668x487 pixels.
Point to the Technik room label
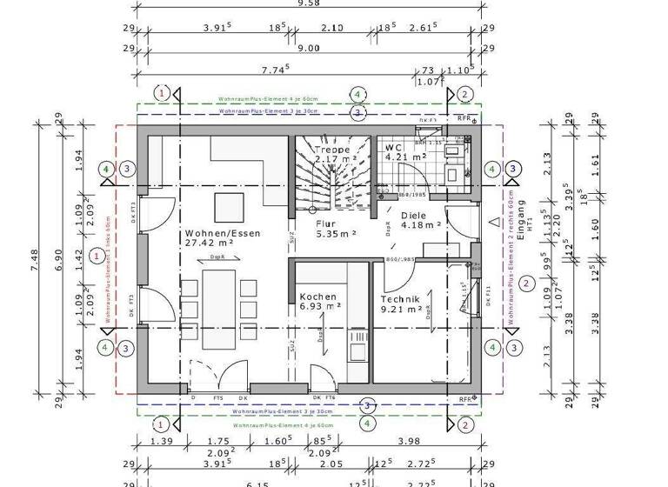click(x=401, y=298)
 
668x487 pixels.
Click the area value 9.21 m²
click(x=402, y=309)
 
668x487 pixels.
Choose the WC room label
click(x=394, y=148)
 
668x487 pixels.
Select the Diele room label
click(x=416, y=214)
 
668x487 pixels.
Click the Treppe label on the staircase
click(x=332, y=149)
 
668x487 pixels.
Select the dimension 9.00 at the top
click(x=309, y=50)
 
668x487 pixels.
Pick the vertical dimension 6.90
click(x=58, y=264)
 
